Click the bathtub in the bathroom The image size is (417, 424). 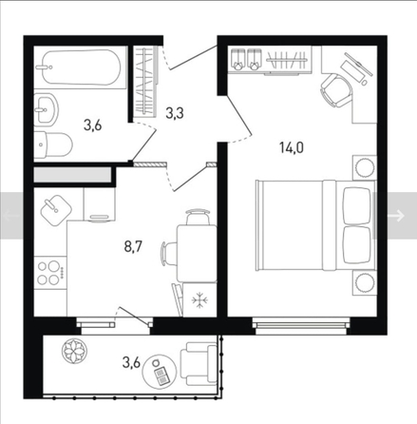click(x=82, y=67)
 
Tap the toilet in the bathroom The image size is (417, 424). click(x=53, y=145)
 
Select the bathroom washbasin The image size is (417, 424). click(x=47, y=109)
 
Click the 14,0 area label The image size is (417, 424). click(x=292, y=147)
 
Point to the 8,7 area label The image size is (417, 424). click(x=133, y=246)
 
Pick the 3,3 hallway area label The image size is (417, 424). click(x=175, y=113)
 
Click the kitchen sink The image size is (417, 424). click(x=56, y=210)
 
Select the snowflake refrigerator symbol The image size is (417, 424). click(x=199, y=299)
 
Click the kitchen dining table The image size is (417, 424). click(x=197, y=253)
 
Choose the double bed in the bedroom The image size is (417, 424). click(x=315, y=225)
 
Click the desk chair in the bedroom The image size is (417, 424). click(x=336, y=90)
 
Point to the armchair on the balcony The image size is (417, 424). click(x=199, y=364)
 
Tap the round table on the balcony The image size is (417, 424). click(x=160, y=371)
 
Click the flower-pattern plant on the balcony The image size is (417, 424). click(x=74, y=351)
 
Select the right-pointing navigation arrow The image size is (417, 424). click(x=396, y=216)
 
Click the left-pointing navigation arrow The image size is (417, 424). click(x=11, y=216)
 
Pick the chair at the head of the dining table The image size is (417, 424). click(x=198, y=217)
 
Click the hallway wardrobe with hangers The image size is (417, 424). click(x=146, y=81)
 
